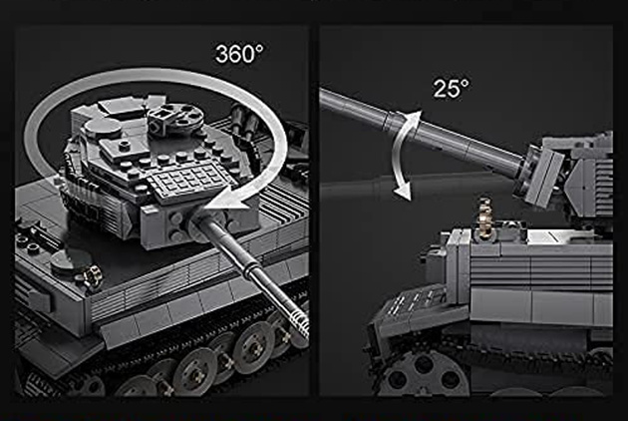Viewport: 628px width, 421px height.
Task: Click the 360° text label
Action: tap(241, 53)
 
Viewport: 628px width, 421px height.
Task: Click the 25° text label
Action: tap(451, 87)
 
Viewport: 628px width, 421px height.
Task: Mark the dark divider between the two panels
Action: tap(313, 219)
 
